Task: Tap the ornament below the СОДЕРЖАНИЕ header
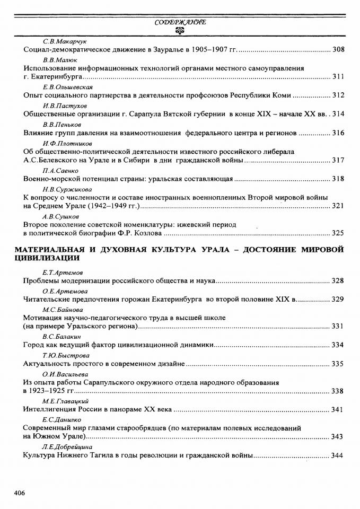click(180, 31)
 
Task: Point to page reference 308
click(338, 50)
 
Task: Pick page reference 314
click(338, 114)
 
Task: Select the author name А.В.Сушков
click(60, 216)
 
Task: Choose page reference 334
click(338, 345)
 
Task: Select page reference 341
click(338, 410)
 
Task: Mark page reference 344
click(338, 455)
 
